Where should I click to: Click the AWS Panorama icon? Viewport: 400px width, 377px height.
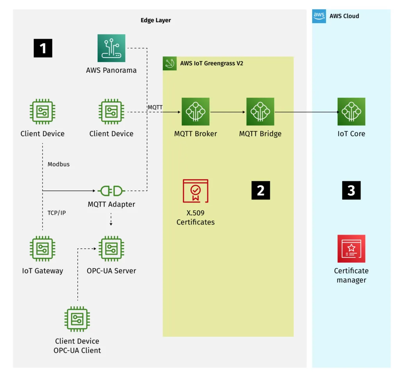tap(111, 48)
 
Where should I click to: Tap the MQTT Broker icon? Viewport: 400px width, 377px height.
tap(195, 112)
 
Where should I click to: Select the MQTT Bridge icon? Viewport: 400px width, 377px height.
tap(260, 112)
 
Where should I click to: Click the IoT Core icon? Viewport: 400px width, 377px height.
tap(351, 112)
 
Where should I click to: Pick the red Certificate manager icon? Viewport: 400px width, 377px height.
tap(351, 249)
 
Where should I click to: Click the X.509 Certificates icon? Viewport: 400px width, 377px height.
tap(195, 191)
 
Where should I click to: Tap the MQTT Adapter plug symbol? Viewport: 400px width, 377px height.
tap(111, 191)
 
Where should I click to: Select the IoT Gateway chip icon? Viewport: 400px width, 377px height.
tap(43, 249)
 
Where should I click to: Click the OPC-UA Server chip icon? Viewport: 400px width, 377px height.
tap(111, 249)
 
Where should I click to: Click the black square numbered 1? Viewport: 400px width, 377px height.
tap(43, 48)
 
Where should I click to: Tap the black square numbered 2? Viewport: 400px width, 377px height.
tap(261, 190)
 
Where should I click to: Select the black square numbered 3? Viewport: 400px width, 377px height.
tap(351, 190)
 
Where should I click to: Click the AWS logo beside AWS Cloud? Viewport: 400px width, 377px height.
tap(319, 16)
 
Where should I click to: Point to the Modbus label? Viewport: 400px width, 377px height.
tap(59, 164)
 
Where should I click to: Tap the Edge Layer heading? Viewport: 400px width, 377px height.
tap(155, 20)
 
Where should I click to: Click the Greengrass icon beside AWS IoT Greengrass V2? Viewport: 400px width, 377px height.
tap(170, 63)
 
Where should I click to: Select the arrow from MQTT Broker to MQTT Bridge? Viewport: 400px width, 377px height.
tap(228, 112)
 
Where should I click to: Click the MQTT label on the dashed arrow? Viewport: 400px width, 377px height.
tap(155, 107)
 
